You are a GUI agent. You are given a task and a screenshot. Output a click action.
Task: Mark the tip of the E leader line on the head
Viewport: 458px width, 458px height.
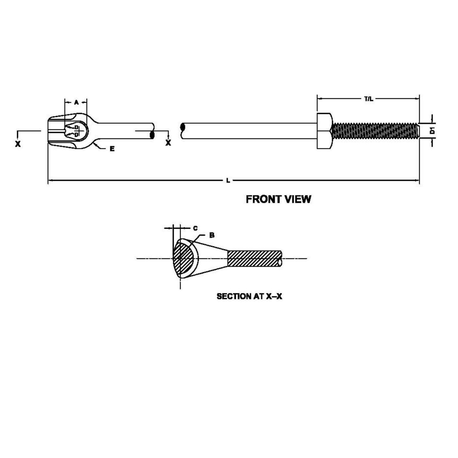click(x=94, y=142)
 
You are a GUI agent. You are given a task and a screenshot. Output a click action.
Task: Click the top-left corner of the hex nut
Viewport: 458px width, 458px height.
click(x=317, y=113)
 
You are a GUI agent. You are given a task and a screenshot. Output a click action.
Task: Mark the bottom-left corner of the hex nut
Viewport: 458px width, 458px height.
click(x=317, y=149)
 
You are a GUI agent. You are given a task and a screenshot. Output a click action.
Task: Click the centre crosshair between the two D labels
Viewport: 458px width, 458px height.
click(x=77, y=131)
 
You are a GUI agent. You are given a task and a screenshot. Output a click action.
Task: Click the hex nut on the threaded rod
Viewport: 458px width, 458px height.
click(x=325, y=131)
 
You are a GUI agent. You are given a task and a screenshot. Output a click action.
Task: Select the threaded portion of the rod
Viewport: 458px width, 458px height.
click(x=376, y=131)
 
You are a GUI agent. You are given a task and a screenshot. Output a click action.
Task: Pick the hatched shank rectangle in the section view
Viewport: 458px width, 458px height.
click(x=255, y=258)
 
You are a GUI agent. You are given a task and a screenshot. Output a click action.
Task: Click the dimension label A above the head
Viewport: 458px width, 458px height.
click(x=76, y=102)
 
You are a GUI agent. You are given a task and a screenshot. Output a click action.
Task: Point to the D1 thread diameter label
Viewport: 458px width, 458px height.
click(x=433, y=131)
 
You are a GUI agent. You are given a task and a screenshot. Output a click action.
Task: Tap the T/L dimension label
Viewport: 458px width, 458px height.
click(x=369, y=99)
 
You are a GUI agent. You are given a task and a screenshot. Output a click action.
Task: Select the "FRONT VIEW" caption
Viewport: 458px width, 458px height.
click(x=279, y=199)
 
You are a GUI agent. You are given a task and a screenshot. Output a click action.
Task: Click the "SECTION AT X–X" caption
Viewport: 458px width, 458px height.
click(x=249, y=296)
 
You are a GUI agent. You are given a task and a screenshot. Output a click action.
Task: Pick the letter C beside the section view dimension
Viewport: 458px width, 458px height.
click(x=195, y=228)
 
